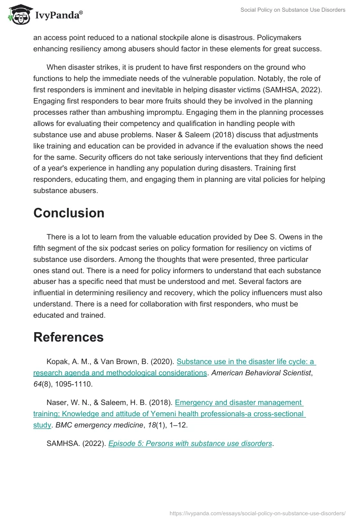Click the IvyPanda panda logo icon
[x=19, y=15]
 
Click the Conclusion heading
[x=69, y=213]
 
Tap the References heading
[x=68, y=337]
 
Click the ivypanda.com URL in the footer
[x=257, y=513]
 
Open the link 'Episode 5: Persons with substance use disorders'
[x=190, y=443]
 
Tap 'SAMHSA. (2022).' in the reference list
[x=76, y=443]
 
